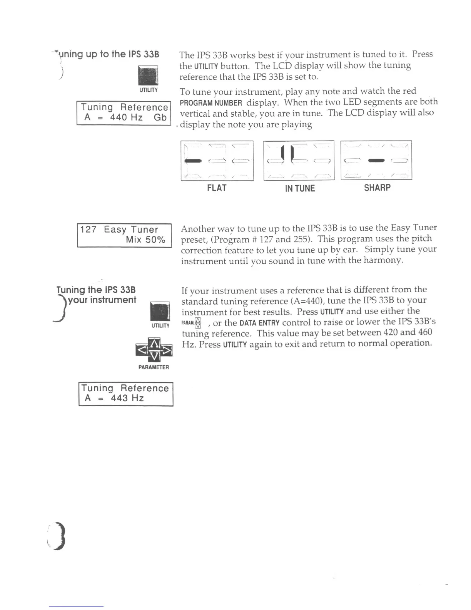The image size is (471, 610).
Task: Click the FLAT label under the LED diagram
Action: coord(217,188)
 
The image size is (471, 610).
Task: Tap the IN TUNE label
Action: coord(300,188)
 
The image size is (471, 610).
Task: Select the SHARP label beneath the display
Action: coord(377,188)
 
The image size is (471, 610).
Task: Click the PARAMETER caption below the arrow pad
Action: coord(154,367)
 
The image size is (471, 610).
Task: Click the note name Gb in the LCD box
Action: coord(160,117)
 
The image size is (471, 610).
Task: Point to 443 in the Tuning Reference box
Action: coord(119,398)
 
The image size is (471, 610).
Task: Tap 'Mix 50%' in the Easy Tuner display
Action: coord(145,240)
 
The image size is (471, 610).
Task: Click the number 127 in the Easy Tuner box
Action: coord(89,230)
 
